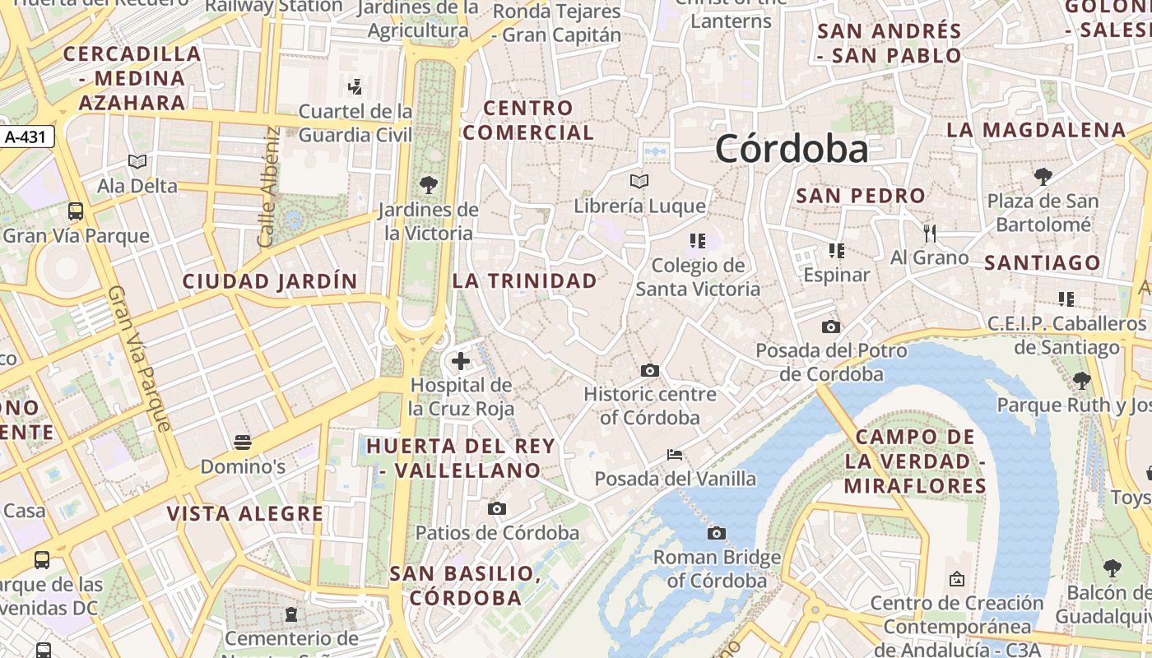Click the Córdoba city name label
point(791,149)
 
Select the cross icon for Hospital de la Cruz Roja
point(461,360)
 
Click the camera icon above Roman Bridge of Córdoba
point(717,533)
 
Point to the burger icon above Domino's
point(242,443)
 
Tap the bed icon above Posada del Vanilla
point(675,454)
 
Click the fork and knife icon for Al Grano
point(930,233)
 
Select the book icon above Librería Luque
point(639,181)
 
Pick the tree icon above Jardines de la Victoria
point(428,184)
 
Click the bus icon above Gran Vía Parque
point(76,211)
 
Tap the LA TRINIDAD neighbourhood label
point(525,280)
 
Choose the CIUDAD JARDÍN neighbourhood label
point(270,281)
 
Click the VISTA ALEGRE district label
point(245,514)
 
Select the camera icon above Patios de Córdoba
point(497,508)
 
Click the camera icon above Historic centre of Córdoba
point(650,370)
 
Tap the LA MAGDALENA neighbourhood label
point(1035,130)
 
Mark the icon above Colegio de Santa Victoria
point(698,240)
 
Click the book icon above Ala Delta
point(137,161)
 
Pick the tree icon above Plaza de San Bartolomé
point(1043,176)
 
